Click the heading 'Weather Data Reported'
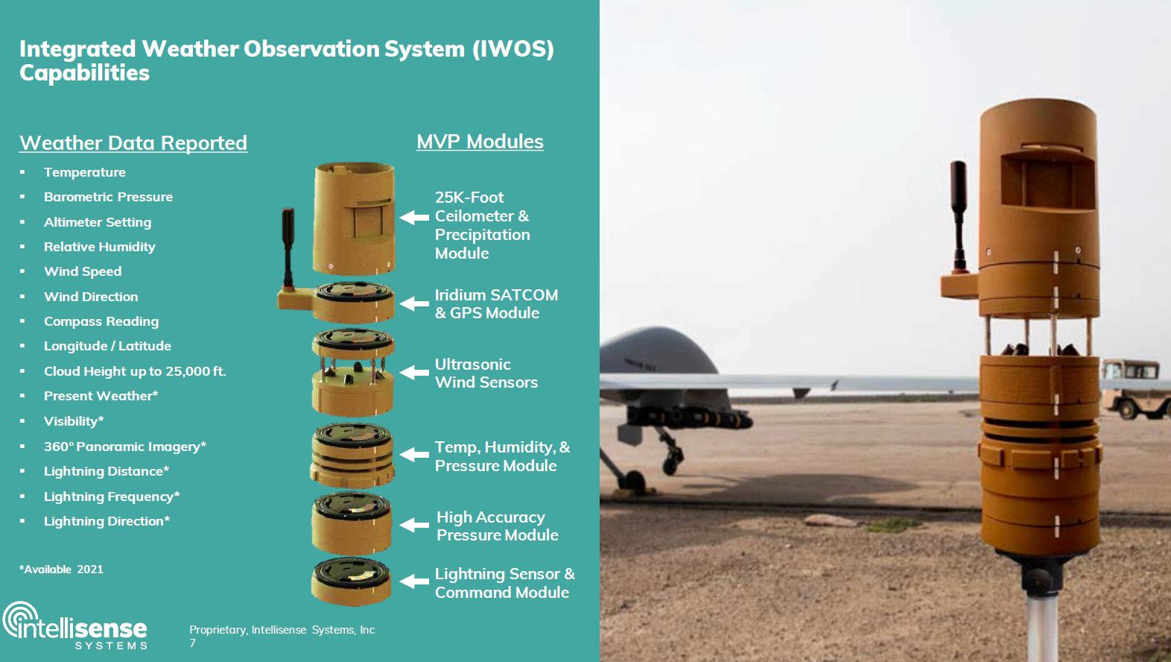(x=133, y=143)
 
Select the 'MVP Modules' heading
(x=480, y=142)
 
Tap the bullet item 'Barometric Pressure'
(x=108, y=197)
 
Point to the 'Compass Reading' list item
(x=101, y=321)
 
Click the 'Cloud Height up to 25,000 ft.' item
(x=135, y=371)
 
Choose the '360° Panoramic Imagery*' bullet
(x=125, y=447)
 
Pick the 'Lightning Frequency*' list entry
(x=111, y=496)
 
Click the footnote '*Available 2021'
(x=61, y=570)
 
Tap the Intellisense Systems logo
(x=75, y=625)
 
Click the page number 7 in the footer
(x=192, y=643)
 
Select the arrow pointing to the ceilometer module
(x=415, y=217)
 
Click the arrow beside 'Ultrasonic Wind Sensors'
(x=415, y=372)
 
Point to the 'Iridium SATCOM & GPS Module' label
(x=496, y=303)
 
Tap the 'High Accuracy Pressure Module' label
(x=497, y=526)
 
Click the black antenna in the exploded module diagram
(x=288, y=247)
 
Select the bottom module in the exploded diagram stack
(x=351, y=582)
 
